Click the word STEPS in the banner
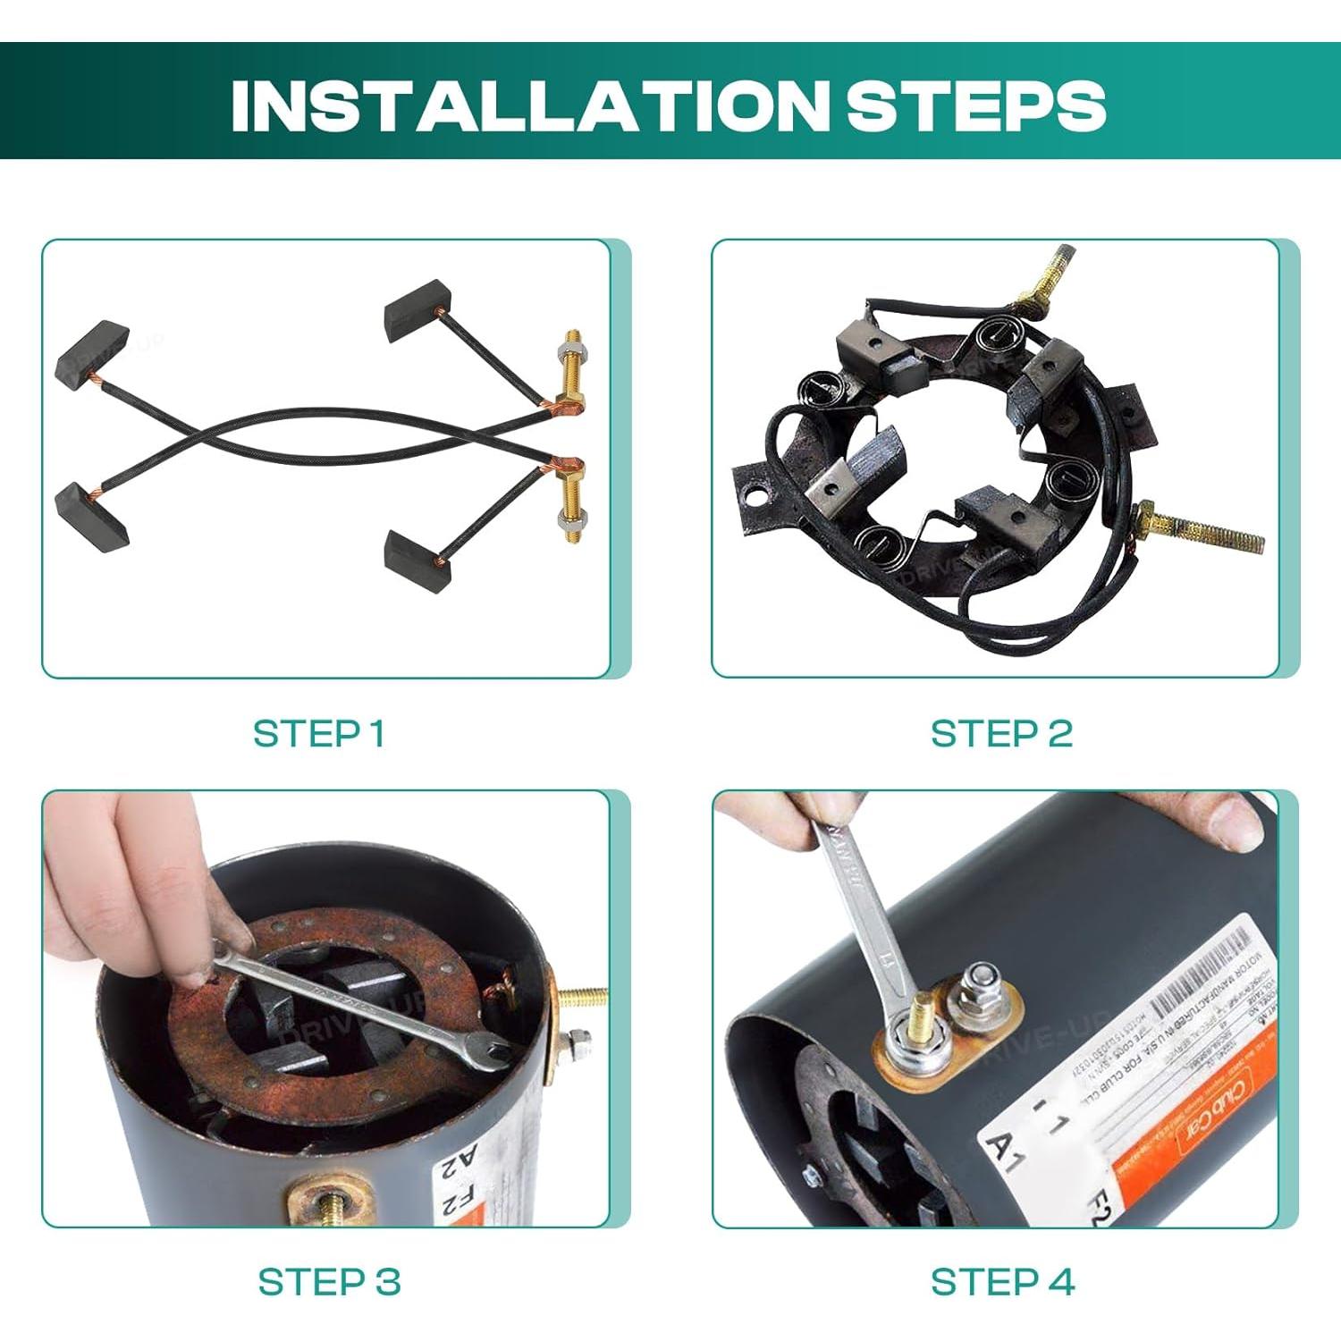point(975,105)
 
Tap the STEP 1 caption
point(319,733)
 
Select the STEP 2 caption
point(1001,733)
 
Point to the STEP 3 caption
point(329,1282)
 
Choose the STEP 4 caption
point(1002,1282)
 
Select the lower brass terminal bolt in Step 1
point(569,502)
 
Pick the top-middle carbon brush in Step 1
point(417,309)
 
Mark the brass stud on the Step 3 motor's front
point(333,1203)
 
